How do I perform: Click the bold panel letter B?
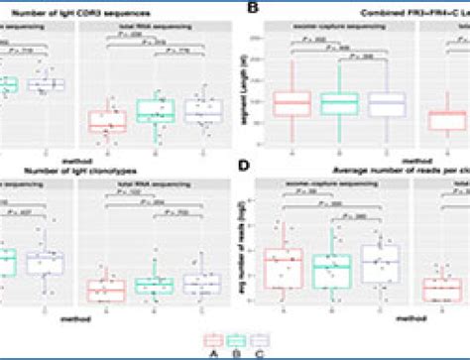[253, 10]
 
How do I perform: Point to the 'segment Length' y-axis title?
[245, 95]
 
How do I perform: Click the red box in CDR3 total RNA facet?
[107, 120]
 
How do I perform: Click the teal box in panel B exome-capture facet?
[340, 103]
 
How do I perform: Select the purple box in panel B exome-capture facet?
[388, 105]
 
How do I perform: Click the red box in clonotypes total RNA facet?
[107, 290]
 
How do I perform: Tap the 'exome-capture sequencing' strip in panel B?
[339, 28]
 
